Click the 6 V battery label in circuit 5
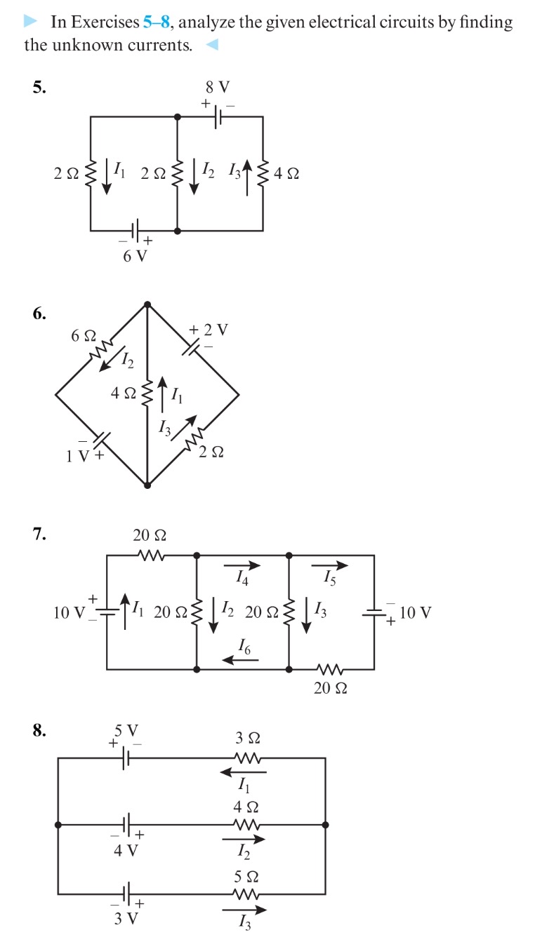[135, 256]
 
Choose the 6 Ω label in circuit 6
[83, 335]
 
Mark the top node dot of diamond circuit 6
[147, 304]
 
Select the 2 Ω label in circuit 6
[211, 453]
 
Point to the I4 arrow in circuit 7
[242, 565]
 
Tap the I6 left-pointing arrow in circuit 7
[240, 659]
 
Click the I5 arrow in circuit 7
[329, 565]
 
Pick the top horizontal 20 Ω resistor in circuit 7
[150, 555]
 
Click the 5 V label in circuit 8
[127, 732]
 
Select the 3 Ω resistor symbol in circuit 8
[247, 758]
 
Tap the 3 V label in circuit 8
[126, 918]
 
